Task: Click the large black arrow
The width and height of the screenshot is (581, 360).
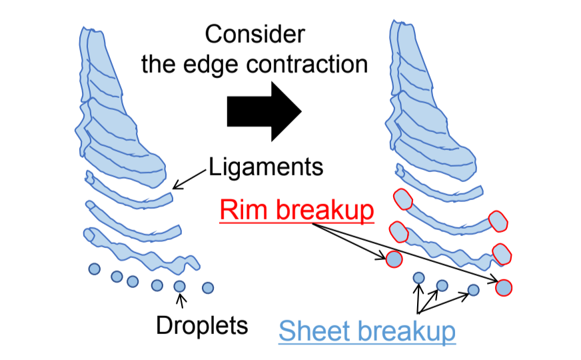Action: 265,110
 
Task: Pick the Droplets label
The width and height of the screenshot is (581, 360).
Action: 202,325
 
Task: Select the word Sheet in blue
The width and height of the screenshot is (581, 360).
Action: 308,331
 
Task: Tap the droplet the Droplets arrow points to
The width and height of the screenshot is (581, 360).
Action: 179,287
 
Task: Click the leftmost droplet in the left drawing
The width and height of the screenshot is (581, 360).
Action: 95,269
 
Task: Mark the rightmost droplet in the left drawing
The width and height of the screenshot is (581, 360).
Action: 208,287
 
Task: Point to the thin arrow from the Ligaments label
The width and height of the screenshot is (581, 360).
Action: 190,178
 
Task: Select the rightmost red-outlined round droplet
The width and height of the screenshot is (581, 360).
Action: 504,287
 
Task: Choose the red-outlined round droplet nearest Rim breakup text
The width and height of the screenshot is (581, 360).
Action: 394,259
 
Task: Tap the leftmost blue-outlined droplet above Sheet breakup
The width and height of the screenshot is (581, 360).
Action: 418,277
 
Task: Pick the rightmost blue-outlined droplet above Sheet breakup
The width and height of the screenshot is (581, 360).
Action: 473,289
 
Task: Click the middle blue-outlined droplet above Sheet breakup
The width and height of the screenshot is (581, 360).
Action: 441,285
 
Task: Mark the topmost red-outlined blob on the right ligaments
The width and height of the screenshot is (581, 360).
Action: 403,200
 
